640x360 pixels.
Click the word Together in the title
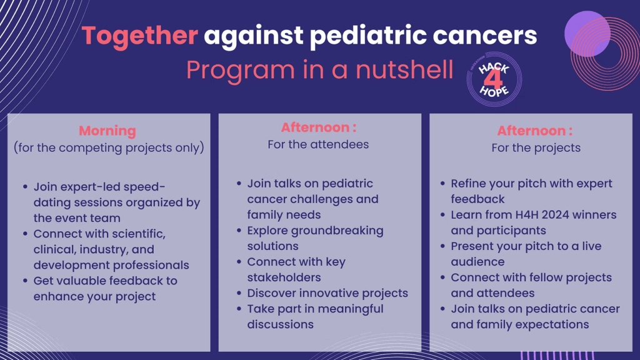tap(140, 36)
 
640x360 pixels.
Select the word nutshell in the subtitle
tap(404, 69)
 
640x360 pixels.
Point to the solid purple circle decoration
tap(587, 34)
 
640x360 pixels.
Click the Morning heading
tap(107, 131)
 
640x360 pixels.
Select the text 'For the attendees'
tap(318, 144)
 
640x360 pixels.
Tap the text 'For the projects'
tap(536, 147)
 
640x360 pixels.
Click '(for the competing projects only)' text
tap(109, 147)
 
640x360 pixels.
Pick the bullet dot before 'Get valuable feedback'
tap(25, 281)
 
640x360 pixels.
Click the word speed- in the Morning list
tap(144, 187)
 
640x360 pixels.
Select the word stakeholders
tap(284, 277)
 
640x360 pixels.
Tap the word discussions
tap(281, 324)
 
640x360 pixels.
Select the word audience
tap(478, 262)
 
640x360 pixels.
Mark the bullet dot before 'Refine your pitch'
tap(443, 184)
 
